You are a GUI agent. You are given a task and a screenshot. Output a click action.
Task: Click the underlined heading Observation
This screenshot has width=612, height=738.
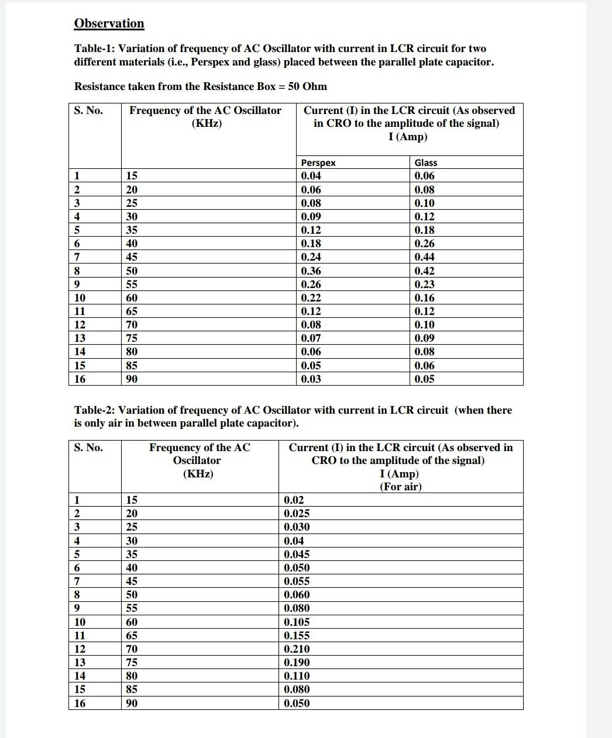pyautogui.click(x=109, y=23)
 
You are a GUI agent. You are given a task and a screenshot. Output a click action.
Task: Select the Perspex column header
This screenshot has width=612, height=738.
pyautogui.click(x=318, y=162)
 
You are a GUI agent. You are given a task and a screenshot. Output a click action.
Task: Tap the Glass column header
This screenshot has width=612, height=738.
pyautogui.click(x=425, y=162)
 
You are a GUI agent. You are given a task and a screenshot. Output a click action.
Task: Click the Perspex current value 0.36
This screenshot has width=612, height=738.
pyautogui.click(x=311, y=271)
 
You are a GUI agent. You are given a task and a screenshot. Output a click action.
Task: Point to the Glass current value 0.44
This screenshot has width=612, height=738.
pyautogui.click(x=424, y=257)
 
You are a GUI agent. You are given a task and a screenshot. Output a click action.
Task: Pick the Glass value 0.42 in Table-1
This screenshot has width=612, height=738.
pyautogui.click(x=424, y=271)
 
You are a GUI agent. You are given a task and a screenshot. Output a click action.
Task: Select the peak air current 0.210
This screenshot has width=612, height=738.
pyautogui.click(x=297, y=649)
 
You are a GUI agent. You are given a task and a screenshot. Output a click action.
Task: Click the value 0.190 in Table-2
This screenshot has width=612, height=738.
pyautogui.click(x=297, y=662)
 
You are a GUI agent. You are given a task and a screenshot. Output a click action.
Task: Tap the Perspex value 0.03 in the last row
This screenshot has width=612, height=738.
pyautogui.click(x=311, y=379)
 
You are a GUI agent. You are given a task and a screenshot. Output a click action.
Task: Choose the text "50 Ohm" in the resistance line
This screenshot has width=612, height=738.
pyautogui.click(x=307, y=86)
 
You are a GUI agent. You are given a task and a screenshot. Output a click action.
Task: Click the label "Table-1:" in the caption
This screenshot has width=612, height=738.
pyautogui.click(x=95, y=48)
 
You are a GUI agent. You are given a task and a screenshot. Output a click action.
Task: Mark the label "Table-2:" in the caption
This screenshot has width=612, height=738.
pyautogui.click(x=95, y=410)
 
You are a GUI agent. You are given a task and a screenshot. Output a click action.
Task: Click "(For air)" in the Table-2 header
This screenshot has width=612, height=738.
pyautogui.click(x=400, y=487)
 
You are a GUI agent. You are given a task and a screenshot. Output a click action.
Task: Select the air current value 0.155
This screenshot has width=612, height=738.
pyautogui.click(x=297, y=635)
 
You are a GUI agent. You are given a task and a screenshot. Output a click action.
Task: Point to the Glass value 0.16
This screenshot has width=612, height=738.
pyautogui.click(x=424, y=297)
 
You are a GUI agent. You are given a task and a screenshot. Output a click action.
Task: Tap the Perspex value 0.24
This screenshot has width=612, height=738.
pyautogui.click(x=311, y=257)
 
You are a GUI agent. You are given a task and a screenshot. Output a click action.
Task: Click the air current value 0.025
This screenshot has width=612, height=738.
pyautogui.click(x=297, y=513)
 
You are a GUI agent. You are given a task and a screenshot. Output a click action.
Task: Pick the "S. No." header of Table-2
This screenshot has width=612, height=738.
pyautogui.click(x=88, y=448)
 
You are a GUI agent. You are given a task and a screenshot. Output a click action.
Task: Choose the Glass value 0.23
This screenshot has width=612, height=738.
pyautogui.click(x=424, y=284)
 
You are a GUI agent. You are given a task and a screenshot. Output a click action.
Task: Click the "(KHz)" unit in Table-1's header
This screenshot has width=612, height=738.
pyautogui.click(x=207, y=123)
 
